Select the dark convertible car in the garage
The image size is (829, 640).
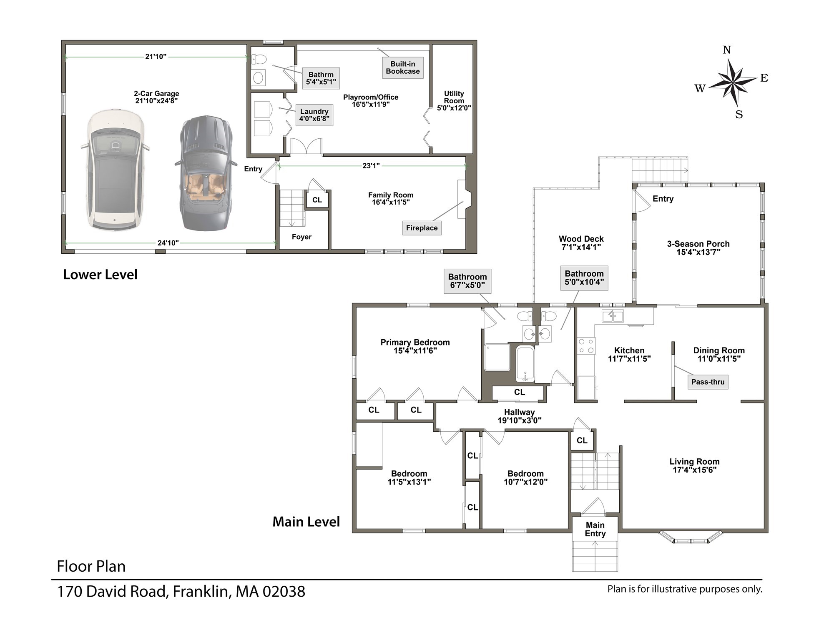[206, 173]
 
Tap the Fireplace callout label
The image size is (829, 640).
[422, 228]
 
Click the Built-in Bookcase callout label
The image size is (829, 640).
[402, 67]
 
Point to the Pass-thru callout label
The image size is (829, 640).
[708, 382]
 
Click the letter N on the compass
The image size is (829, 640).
[727, 50]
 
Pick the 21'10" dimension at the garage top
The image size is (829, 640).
[156, 57]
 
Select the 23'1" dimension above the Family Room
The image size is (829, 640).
[371, 166]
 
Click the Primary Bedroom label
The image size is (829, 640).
[415, 346]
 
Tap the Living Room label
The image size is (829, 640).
[694, 465]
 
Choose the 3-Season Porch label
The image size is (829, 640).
[698, 248]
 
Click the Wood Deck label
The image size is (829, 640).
[581, 243]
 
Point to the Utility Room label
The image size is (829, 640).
[454, 100]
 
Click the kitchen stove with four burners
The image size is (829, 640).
[585, 346]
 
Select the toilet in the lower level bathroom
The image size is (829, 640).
[259, 59]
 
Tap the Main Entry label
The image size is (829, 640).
[595, 529]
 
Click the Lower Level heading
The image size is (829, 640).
[100, 275]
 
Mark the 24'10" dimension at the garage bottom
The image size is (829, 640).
[168, 243]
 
